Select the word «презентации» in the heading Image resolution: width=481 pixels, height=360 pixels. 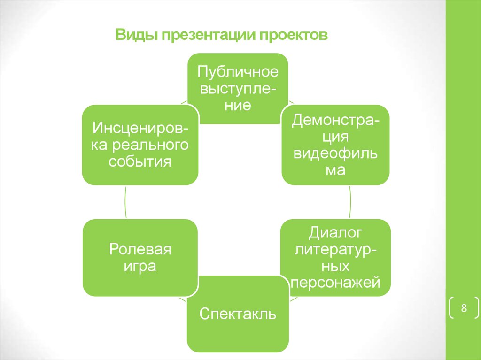point(209,35)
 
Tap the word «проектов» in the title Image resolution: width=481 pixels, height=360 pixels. point(293,35)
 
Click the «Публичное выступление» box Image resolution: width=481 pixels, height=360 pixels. point(238,89)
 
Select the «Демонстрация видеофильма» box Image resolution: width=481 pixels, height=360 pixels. point(335,145)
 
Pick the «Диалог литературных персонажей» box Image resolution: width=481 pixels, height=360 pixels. point(335,258)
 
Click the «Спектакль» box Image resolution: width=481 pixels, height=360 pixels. point(238,314)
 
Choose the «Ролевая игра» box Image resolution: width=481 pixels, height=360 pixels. point(140,258)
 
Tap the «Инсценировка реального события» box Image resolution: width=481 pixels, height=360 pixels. point(140,145)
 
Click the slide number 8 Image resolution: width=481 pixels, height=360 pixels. point(464,307)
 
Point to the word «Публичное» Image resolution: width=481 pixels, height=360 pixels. point(238,72)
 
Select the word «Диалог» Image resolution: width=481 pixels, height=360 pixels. point(335,233)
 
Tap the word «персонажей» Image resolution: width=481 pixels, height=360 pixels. point(335,283)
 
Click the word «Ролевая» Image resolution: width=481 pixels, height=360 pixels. point(140,249)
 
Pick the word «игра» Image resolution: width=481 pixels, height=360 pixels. point(140,266)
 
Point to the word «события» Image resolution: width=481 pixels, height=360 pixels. point(140,161)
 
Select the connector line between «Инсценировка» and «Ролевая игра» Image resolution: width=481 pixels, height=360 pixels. point(125,202)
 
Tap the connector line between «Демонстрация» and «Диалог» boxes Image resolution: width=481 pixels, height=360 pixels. point(350,202)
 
